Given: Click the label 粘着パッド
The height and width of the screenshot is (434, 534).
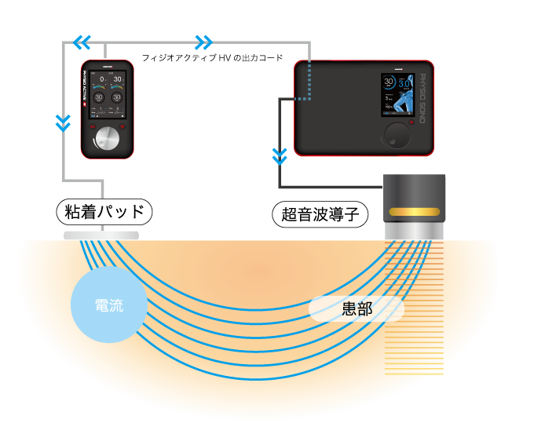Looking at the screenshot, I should pos(104,211).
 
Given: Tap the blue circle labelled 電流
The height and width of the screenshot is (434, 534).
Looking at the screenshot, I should pos(108,305).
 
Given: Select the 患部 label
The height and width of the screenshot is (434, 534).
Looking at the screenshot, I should pos(357,309).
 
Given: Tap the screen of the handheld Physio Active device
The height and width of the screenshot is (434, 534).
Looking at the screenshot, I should pos(108,94).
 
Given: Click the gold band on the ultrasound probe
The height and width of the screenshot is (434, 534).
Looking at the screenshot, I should pos(414,212).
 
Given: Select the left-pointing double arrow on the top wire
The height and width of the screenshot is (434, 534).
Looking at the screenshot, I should pos(82,42).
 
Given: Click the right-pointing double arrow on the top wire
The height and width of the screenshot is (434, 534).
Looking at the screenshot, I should pos(203,42).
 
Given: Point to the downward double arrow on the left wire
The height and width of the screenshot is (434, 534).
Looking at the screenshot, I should pos(64,122).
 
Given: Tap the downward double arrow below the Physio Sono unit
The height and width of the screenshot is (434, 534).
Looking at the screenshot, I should pos(280,156).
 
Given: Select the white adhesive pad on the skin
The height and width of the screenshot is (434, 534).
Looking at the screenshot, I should pos(101,235).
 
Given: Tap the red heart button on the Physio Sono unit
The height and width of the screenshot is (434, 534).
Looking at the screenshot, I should pos(411,123).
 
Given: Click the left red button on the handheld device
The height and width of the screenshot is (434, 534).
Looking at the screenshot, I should pos(91,126).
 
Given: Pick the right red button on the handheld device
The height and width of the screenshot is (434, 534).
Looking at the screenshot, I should pos(122,126).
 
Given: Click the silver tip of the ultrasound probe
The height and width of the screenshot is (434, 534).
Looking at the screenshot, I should pos(414,231).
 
